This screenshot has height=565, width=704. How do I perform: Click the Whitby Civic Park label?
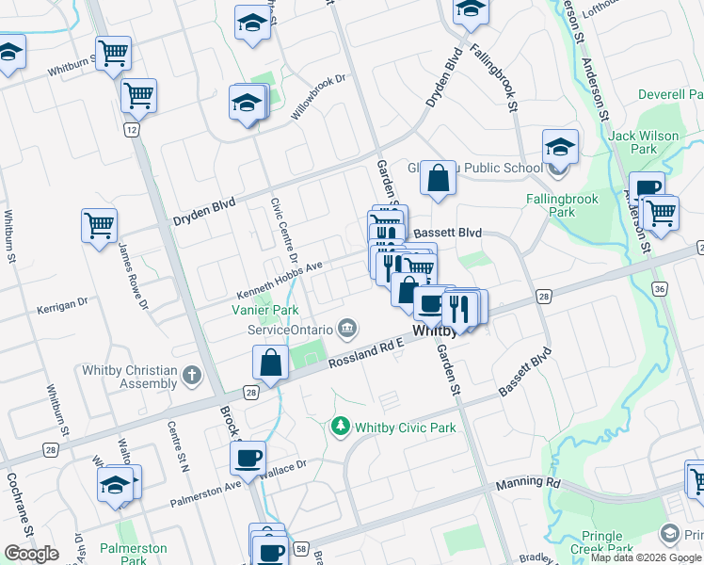[x=405, y=428]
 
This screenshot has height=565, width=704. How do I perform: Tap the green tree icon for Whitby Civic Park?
[x=340, y=428]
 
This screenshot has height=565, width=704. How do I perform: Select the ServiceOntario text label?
[x=290, y=330]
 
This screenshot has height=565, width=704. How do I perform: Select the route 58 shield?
[x=301, y=547]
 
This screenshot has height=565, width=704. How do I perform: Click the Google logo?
[x=31, y=553]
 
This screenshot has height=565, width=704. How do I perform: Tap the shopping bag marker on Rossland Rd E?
[x=270, y=363]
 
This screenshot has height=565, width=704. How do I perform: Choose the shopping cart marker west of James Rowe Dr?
[x=99, y=225]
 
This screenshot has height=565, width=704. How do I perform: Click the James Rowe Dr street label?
[x=133, y=277]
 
